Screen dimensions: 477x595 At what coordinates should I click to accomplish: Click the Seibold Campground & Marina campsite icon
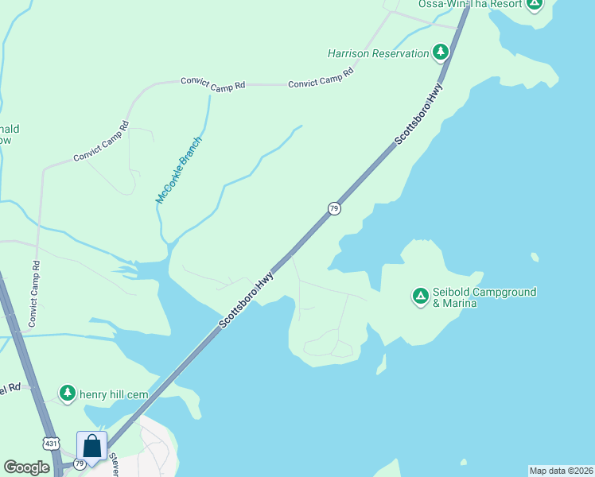[420, 297]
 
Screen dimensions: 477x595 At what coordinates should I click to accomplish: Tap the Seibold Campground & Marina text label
[484, 297]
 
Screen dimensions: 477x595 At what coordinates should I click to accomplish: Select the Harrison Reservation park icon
[440, 53]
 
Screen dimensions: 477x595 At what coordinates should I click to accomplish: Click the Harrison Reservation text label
[379, 54]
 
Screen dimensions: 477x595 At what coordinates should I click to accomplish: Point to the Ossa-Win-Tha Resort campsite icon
[535, 3]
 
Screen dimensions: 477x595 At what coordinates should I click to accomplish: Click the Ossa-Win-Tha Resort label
[470, 4]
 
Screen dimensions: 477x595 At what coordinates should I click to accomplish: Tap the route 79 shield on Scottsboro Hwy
[335, 208]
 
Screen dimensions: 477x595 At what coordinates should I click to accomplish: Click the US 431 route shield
[51, 444]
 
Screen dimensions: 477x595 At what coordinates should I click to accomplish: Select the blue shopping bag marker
[91, 446]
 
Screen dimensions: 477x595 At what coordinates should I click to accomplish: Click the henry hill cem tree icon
[68, 392]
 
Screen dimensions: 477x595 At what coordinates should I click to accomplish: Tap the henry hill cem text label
[116, 393]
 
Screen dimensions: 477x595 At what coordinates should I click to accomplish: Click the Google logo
[27, 467]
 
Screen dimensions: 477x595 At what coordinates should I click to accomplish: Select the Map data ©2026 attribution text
[561, 470]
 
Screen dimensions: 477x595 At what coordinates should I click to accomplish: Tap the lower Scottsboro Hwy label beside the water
[246, 301]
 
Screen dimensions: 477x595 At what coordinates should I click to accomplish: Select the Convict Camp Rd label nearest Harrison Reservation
[321, 78]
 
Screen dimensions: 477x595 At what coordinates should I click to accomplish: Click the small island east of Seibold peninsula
[533, 257]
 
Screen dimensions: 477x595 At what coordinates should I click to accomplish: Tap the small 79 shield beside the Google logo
[79, 463]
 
